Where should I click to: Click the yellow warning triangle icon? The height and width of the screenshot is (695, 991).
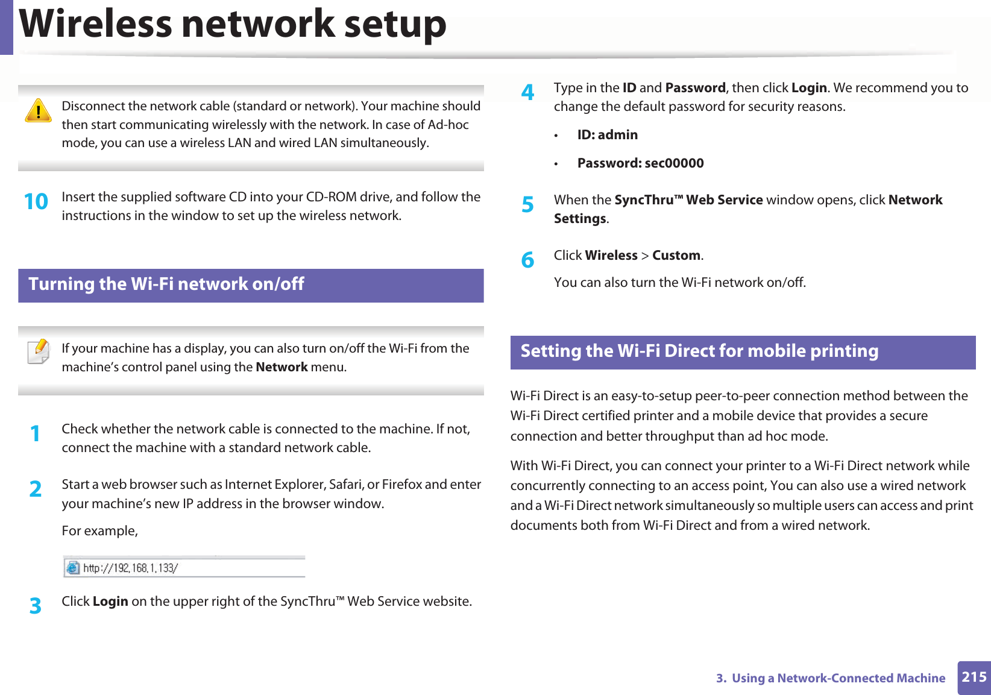tap(38, 111)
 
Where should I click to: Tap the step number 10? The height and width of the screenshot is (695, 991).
tap(36, 201)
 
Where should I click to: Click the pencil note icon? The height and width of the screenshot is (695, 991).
tap(39, 351)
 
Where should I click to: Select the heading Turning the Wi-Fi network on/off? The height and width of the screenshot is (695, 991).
tap(166, 284)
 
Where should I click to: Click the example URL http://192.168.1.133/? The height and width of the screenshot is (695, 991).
tap(130, 568)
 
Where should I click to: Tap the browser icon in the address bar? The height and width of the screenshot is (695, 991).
tap(73, 568)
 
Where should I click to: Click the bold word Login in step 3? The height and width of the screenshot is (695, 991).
tap(110, 602)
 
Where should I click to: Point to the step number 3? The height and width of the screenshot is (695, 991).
tap(36, 605)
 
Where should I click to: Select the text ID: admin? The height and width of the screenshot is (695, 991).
tap(607, 135)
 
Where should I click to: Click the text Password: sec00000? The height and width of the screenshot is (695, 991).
tap(640, 163)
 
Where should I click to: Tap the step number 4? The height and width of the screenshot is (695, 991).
tap(527, 92)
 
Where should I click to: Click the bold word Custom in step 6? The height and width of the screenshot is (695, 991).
tap(676, 256)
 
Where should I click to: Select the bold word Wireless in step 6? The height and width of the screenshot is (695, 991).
tap(611, 256)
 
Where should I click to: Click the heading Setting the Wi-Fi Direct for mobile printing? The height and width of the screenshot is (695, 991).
tap(699, 351)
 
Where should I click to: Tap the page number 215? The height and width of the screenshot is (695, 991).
tap(974, 677)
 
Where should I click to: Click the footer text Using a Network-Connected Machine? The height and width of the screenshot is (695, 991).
tap(838, 678)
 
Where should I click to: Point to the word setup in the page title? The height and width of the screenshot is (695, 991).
tap(395, 24)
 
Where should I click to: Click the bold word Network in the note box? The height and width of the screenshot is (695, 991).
tap(282, 367)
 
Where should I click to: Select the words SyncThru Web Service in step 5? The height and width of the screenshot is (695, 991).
tap(688, 200)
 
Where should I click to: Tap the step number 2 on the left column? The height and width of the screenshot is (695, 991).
tap(36, 489)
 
